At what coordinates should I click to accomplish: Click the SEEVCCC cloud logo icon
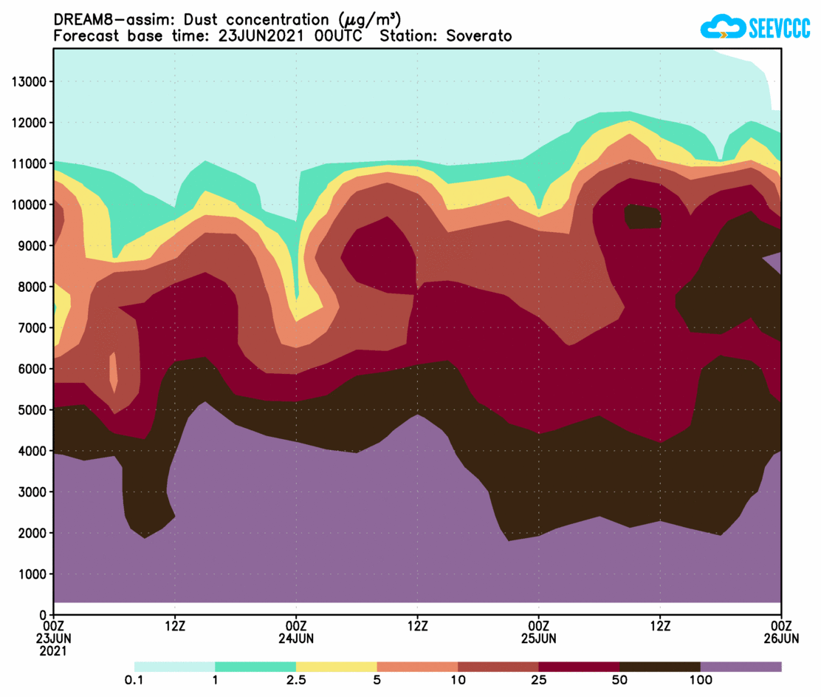tap(723, 28)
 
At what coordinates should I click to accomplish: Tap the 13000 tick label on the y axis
tap(29, 81)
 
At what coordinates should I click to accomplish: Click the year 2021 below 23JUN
tap(54, 651)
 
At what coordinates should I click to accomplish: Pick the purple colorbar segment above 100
tap(741, 667)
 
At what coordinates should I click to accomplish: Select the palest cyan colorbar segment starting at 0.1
tap(174, 667)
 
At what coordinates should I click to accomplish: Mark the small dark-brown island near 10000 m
tap(642, 217)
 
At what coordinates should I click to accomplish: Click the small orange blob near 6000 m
tap(114, 374)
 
